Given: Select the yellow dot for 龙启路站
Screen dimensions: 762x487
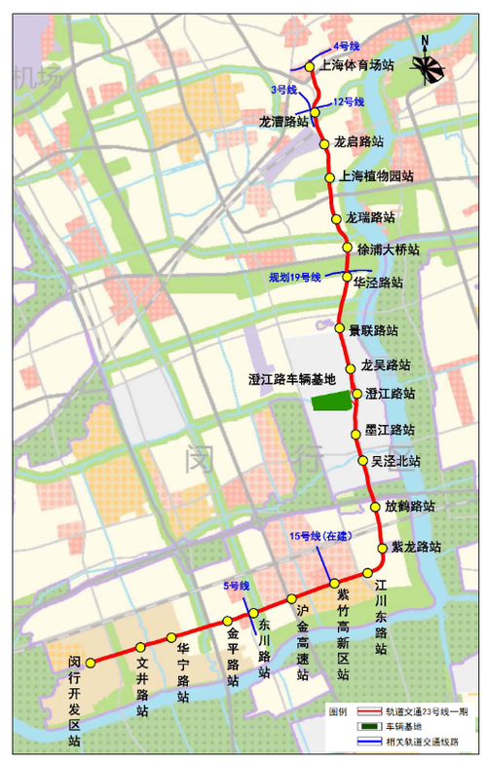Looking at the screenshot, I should tap(325, 143).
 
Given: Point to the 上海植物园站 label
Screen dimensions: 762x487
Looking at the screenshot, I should tap(377, 177).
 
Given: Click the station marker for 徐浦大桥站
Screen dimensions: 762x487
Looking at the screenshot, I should tap(347, 248).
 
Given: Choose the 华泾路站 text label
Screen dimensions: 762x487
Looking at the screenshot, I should tap(378, 283).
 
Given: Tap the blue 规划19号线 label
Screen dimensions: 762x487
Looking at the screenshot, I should tap(295, 278).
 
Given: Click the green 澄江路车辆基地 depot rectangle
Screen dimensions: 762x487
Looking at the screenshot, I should tap(330, 400).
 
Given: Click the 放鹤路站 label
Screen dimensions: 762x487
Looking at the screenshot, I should tap(409, 507).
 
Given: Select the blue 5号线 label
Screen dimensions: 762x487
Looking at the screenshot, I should tap(237, 586).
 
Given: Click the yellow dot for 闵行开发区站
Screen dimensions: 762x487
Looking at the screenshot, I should tap(90, 663).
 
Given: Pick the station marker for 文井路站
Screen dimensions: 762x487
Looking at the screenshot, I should tap(141, 647).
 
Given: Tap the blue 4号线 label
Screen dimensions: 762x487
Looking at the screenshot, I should tap(347, 46).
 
